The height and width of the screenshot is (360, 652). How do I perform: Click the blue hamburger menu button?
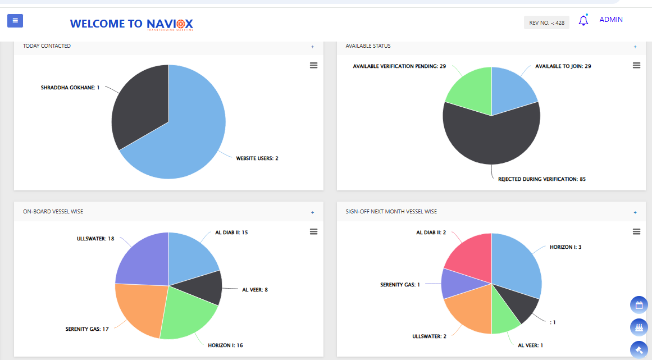(15, 21)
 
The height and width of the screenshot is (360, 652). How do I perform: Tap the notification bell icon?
(583, 21)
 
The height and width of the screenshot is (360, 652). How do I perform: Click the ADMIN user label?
(611, 20)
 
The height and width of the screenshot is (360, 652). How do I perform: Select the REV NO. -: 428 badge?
(546, 22)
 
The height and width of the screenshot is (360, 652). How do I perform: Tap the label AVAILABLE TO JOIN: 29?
(563, 66)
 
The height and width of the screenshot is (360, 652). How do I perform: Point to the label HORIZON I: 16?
(225, 345)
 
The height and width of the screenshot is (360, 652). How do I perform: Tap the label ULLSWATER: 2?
(428, 336)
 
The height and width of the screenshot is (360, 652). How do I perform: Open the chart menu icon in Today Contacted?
(313, 66)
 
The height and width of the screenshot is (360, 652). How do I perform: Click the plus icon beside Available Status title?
(635, 47)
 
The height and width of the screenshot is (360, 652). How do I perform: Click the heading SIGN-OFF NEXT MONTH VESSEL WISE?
(391, 212)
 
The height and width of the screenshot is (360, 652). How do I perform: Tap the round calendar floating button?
(639, 306)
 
